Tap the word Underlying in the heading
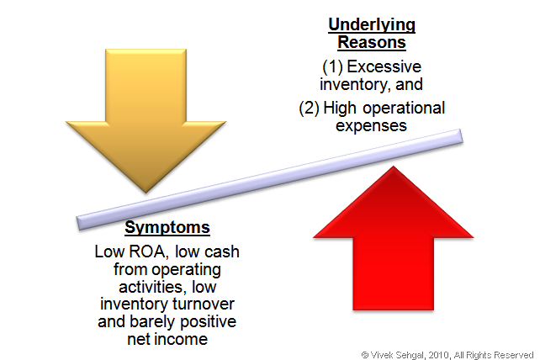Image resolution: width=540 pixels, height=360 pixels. (372, 25)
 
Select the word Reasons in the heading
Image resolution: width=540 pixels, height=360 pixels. (372, 42)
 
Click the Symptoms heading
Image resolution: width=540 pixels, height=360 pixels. (167, 228)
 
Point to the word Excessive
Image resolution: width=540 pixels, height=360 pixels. (384, 66)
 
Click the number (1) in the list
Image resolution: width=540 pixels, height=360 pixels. (332, 66)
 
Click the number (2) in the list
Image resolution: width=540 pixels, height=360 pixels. (309, 109)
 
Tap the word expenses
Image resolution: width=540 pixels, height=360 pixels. (371, 126)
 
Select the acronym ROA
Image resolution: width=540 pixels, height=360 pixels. (147, 251)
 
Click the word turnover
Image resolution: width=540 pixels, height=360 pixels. (204, 304)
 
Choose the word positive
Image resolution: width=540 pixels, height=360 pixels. (209, 322)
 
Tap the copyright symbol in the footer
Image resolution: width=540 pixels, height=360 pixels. (365, 355)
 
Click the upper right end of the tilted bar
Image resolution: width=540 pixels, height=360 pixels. (461, 135)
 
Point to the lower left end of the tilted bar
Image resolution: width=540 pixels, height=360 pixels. (78, 224)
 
